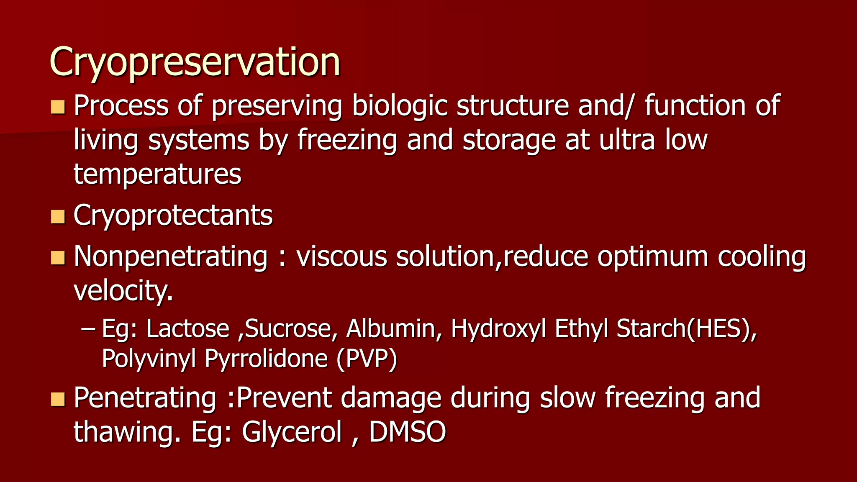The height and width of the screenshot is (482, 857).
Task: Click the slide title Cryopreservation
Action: click(x=195, y=63)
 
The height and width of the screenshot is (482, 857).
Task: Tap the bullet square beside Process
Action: click(x=58, y=107)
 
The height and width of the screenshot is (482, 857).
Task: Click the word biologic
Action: click(x=400, y=105)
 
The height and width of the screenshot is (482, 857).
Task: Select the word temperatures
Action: click(x=157, y=174)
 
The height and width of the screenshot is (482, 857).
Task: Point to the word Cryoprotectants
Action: click(x=173, y=215)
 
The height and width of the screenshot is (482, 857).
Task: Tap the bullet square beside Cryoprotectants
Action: click(x=58, y=217)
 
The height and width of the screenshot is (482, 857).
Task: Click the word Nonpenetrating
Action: click(x=170, y=256)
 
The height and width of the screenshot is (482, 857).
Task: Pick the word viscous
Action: click(x=341, y=256)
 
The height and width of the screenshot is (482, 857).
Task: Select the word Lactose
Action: click(x=187, y=328)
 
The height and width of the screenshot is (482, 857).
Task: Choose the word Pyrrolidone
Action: click(x=266, y=359)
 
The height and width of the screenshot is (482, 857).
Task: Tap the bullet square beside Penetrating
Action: click(x=58, y=399)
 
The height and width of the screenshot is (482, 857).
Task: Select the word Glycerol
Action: click(x=292, y=432)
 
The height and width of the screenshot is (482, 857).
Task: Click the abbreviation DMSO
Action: click(x=407, y=432)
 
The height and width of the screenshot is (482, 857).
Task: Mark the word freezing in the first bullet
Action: click(x=347, y=140)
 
